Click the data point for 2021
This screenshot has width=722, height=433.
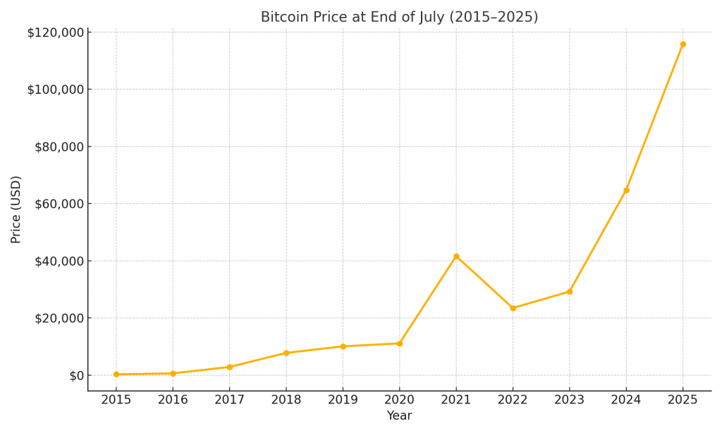pyautogui.click(x=456, y=256)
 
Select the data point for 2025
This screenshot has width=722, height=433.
pyautogui.click(x=683, y=44)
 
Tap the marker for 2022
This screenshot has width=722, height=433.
pyautogui.click(x=513, y=308)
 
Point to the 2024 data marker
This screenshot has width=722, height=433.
pyautogui.click(x=626, y=190)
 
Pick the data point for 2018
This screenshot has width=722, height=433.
pyautogui.click(x=286, y=353)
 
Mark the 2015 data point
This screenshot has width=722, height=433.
pyautogui.click(x=116, y=374)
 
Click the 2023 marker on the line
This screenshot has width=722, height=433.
pyautogui.click(x=570, y=291)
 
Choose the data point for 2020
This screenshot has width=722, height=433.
pyautogui.click(x=400, y=343)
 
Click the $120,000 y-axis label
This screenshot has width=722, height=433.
pyautogui.click(x=56, y=32)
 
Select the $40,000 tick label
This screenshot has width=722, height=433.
pyautogui.click(x=59, y=261)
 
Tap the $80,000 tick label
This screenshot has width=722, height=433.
pyautogui.click(x=59, y=147)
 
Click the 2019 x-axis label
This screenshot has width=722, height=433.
pyautogui.click(x=343, y=399)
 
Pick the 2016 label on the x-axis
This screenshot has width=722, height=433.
pyautogui.click(x=173, y=399)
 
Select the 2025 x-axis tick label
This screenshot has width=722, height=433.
pyautogui.click(x=683, y=399)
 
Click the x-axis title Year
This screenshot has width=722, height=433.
pyautogui.click(x=399, y=416)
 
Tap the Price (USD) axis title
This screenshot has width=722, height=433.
pyautogui.click(x=16, y=209)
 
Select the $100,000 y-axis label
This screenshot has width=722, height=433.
pyautogui.click(x=56, y=90)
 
